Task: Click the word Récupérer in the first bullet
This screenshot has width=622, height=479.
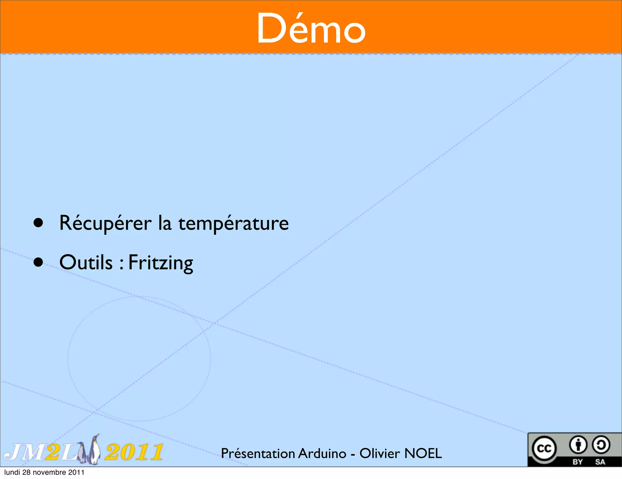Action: (x=105, y=223)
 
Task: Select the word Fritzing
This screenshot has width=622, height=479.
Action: (x=161, y=263)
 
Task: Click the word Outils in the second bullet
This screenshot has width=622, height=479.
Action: (x=86, y=262)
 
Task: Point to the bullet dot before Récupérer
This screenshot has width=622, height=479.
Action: (x=38, y=223)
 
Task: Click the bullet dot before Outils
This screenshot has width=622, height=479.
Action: (x=38, y=262)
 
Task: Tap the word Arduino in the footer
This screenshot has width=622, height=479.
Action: (x=322, y=453)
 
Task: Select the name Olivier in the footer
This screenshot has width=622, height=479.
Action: (x=379, y=453)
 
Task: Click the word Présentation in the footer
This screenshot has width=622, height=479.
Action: (x=258, y=453)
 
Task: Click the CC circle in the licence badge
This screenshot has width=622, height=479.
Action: (x=544, y=448)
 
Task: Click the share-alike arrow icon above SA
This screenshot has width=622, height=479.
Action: (x=601, y=445)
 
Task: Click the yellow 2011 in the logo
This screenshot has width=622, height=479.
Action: (x=134, y=452)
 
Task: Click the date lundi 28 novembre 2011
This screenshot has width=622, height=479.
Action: (x=44, y=472)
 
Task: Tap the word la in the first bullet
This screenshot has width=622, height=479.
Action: (x=165, y=223)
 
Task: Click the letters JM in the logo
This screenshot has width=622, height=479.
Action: (x=24, y=452)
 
